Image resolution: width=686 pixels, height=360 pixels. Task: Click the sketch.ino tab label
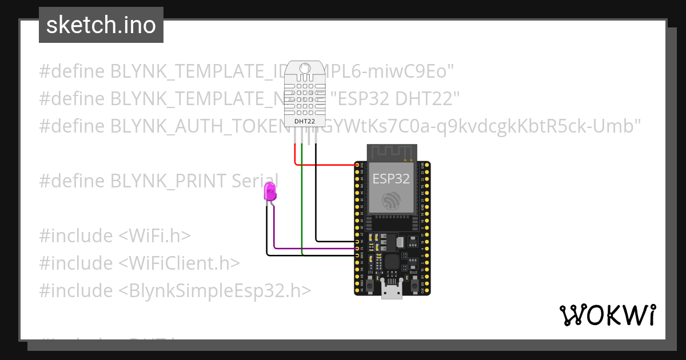coord(101,25)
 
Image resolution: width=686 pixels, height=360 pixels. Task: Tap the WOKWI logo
coord(607,315)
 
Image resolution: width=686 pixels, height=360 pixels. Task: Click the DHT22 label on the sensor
coord(304,121)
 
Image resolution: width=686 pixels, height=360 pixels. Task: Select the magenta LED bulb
coord(269,191)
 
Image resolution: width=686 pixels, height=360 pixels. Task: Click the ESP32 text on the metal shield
coord(391,178)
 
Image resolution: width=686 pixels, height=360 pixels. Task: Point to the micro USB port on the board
coord(392,291)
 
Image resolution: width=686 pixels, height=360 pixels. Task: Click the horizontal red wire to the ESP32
coord(326,165)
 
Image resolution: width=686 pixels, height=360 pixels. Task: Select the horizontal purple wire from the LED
coord(314,249)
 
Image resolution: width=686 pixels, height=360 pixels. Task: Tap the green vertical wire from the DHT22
coord(302,200)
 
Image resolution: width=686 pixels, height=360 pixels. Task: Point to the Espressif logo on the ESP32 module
coord(392,199)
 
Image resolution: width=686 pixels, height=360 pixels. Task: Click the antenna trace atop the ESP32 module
coord(392,152)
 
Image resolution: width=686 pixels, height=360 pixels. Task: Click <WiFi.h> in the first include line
coord(155,236)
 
